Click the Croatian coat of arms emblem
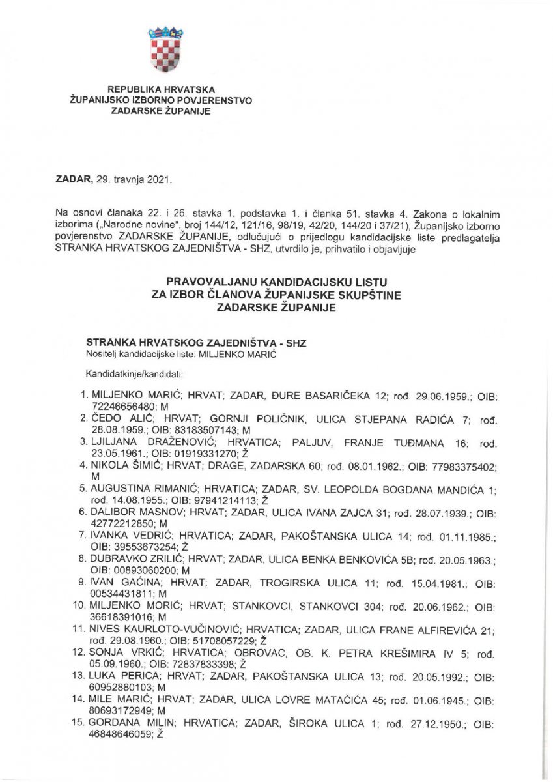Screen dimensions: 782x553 [165, 48]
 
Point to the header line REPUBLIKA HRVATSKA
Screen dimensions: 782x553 [160, 89]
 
